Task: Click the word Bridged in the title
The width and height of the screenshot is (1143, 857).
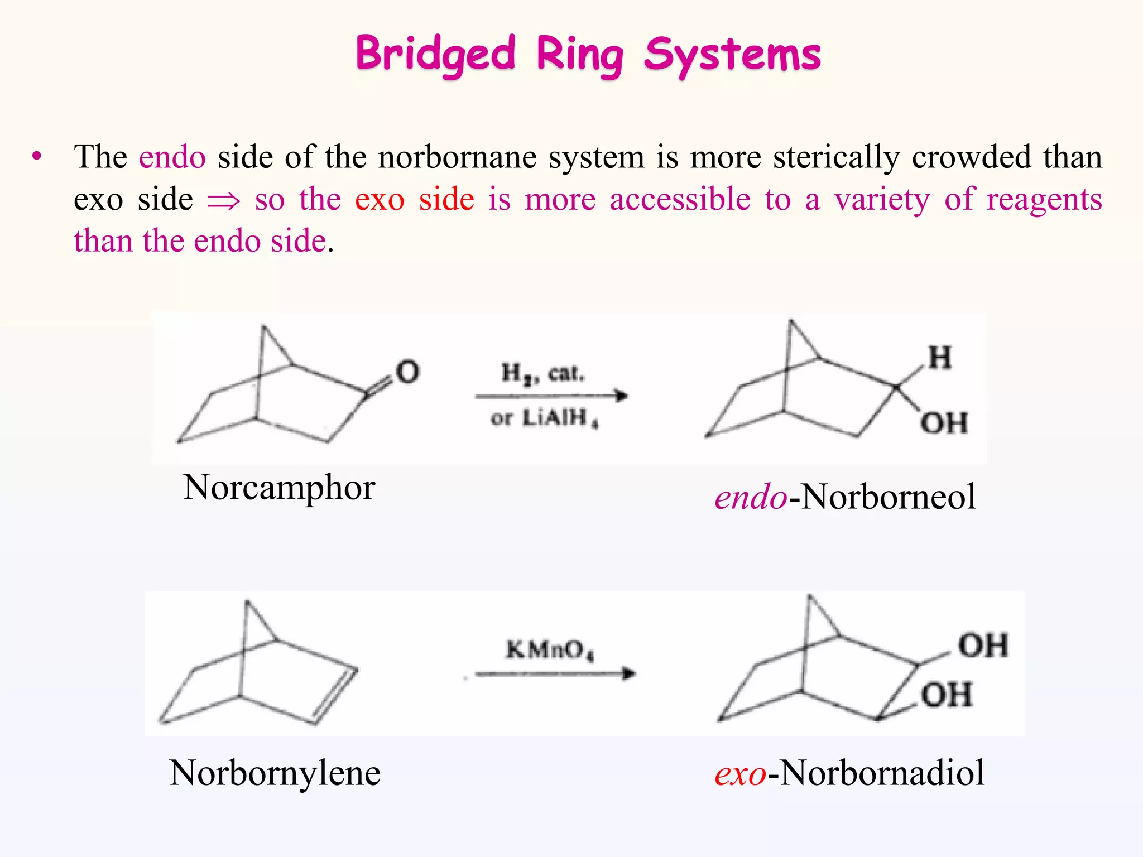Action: coord(435,55)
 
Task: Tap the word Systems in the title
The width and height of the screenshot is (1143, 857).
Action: coord(732,55)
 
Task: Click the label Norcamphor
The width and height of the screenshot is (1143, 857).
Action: coord(278,488)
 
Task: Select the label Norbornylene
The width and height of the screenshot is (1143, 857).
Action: coord(275,773)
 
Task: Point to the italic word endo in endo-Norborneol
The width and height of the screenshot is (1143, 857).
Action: coord(751,497)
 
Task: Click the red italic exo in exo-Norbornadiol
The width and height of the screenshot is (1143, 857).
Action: coord(740,773)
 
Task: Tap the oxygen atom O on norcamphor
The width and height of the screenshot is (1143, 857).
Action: coord(407,372)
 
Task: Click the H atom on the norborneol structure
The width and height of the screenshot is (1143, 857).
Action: coord(940,358)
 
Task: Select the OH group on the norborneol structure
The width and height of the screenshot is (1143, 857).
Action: coord(944,423)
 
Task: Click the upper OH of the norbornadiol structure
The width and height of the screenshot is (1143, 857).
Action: coord(983,646)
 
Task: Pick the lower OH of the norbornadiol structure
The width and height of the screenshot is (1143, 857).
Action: coord(947,695)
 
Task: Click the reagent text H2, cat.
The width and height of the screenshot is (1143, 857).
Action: coord(542,373)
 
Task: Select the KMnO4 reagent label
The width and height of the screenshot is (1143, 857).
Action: coord(550,650)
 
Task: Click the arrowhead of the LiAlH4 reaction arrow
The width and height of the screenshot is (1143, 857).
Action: coord(621,396)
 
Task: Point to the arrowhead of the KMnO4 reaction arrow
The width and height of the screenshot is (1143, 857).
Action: coord(628,673)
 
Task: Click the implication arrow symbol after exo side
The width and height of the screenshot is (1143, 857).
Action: coord(224,200)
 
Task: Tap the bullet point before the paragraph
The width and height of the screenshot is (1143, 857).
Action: coord(37,157)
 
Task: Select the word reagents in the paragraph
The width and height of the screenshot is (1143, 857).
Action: coord(1044,199)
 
